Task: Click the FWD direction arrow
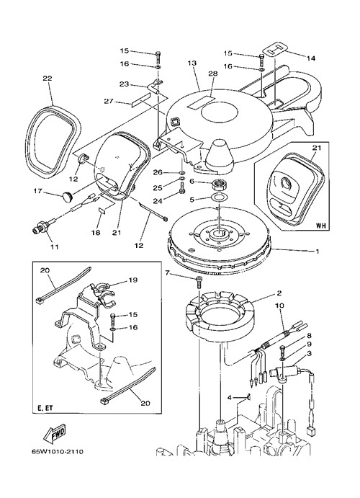pyautogui.click(x=55, y=434)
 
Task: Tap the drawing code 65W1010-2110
pyautogui.click(x=58, y=451)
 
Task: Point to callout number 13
pyautogui.click(x=192, y=63)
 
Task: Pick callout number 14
pyautogui.click(x=311, y=58)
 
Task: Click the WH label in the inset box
pyautogui.click(x=320, y=226)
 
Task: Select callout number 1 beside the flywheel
pyautogui.click(x=317, y=252)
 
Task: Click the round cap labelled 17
pyautogui.click(x=67, y=197)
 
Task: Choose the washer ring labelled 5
pyautogui.click(x=219, y=198)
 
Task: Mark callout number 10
pyautogui.click(x=280, y=306)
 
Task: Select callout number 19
pyautogui.click(x=133, y=280)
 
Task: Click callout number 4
pyautogui.click(x=230, y=397)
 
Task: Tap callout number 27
pyautogui.click(x=109, y=102)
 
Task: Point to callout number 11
pyautogui.click(x=55, y=246)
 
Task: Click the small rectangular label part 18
pyautogui.click(x=102, y=211)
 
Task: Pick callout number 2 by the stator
pyautogui.click(x=279, y=293)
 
